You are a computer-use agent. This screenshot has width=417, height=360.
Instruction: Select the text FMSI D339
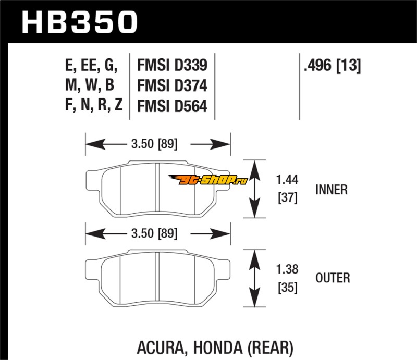coord(172,66)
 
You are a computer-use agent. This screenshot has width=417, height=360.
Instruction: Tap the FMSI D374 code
coord(172,85)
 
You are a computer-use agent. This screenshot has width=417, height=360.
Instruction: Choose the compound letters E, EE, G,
coord(91,66)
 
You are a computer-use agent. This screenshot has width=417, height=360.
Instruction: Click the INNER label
coord(332,190)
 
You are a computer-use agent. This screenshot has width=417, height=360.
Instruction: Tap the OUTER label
coord(333,278)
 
